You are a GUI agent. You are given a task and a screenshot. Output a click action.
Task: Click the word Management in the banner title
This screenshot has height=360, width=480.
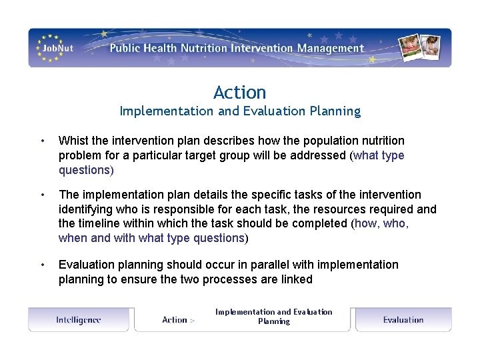(331, 48)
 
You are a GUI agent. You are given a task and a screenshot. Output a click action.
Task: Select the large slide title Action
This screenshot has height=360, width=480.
(240, 92)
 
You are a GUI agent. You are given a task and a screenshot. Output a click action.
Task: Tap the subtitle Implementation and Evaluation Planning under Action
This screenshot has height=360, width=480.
(240, 111)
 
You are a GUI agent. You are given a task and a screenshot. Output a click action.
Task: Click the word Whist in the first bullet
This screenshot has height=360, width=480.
(74, 141)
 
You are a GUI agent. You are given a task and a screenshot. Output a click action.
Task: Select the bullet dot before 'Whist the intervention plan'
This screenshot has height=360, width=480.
(42, 141)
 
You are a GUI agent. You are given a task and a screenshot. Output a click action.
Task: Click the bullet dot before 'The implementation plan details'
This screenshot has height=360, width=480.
(42, 195)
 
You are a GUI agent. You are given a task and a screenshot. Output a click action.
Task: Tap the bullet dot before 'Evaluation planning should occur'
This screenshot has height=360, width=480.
(42, 265)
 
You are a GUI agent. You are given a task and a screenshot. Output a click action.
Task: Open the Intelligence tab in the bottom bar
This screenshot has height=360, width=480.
(79, 320)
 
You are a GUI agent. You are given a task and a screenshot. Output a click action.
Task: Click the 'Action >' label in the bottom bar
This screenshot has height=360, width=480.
(178, 320)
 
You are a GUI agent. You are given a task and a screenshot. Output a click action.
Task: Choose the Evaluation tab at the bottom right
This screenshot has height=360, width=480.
(403, 320)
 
